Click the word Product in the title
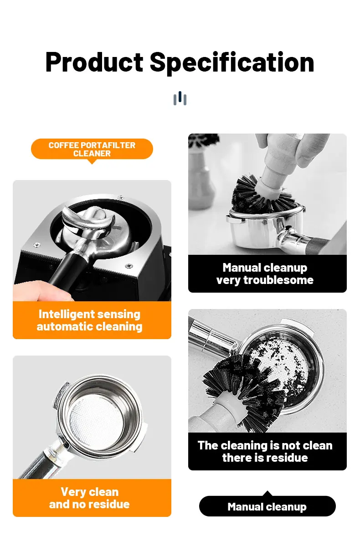click(x=94, y=62)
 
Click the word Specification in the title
click(x=232, y=62)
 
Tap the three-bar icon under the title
click(x=180, y=98)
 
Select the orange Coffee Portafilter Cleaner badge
click(x=92, y=150)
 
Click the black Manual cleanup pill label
click(x=267, y=506)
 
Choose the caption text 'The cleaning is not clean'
click(x=265, y=445)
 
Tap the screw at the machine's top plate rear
click(x=120, y=197)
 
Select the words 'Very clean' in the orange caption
click(x=90, y=492)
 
